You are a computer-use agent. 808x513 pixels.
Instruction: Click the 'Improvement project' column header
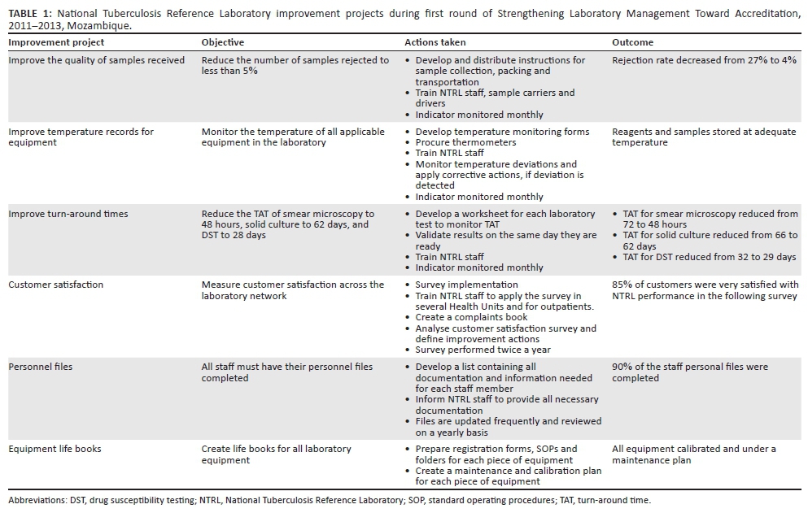(50, 42)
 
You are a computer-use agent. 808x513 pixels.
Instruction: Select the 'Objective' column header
(222, 42)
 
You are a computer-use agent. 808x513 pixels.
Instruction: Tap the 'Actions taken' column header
(435, 42)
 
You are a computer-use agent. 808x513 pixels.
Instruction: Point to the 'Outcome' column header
(632, 42)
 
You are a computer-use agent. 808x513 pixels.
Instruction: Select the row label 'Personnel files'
(40, 367)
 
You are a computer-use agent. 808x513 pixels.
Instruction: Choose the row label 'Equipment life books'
(55, 449)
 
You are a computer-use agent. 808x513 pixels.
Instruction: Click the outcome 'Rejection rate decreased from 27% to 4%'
(704, 60)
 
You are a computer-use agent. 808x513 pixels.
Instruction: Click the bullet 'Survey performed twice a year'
(483, 350)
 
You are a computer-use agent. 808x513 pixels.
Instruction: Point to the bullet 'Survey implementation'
(466, 285)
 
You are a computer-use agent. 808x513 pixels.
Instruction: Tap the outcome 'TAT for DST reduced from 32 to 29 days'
(709, 257)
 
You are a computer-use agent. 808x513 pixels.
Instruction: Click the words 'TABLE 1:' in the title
(29, 14)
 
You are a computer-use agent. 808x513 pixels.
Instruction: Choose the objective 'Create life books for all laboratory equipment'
(277, 454)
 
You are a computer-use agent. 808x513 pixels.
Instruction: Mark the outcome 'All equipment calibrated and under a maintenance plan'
(694, 454)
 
